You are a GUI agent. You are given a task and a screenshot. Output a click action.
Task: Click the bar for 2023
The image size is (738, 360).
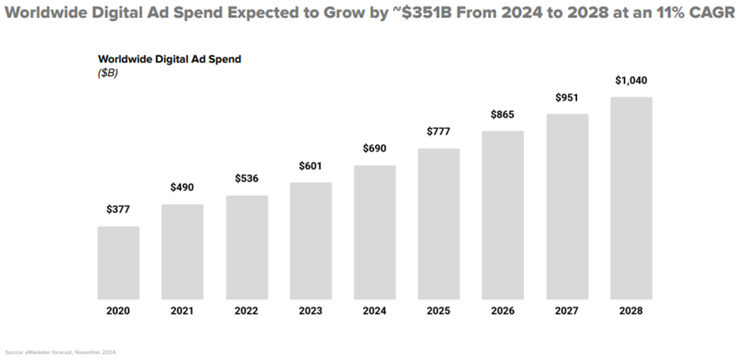[x=311, y=241]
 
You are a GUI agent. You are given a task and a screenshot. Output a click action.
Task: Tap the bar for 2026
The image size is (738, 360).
[x=503, y=215]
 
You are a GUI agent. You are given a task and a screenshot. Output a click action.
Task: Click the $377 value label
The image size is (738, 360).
[x=119, y=210]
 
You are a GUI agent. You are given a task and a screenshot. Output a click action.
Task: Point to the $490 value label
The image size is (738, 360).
[x=183, y=187]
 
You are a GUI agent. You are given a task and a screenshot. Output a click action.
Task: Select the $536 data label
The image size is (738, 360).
[x=247, y=179]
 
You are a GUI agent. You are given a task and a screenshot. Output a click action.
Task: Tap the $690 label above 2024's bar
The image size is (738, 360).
[x=375, y=148]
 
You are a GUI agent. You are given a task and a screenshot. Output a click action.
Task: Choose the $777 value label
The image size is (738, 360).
[x=439, y=131]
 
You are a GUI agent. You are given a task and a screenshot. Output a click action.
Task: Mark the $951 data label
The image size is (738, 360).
[x=567, y=98]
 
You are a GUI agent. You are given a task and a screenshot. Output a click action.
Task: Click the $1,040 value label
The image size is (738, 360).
[x=631, y=80]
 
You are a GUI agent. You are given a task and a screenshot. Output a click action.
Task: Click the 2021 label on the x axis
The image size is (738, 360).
[x=183, y=311]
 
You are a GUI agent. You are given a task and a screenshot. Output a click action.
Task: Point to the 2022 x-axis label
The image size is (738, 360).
[x=247, y=311]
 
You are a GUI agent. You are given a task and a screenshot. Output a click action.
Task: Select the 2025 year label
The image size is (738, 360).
[x=439, y=311]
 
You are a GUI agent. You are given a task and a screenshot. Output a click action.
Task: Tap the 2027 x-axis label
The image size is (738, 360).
[x=567, y=311]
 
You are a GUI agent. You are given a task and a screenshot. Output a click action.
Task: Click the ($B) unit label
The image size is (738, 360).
[x=108, y=73]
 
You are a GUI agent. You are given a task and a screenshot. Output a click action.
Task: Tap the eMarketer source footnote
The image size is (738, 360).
[x=60, y=351]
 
